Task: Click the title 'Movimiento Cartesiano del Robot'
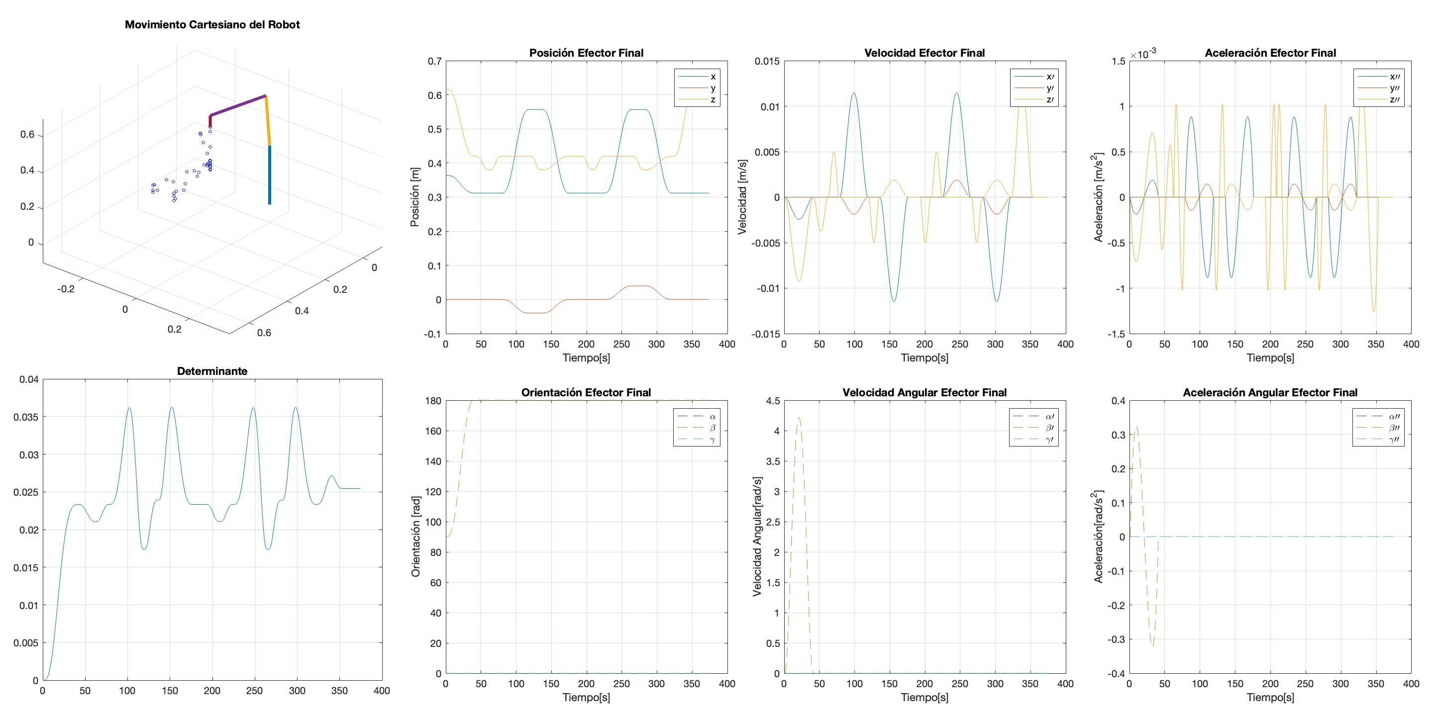pyautogui.click(x=212, y=24)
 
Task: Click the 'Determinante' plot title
pyautogui.click(x=212, y=371)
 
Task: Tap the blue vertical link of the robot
pyautogui.click(x=270, y=175)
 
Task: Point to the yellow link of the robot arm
pyautogui.click(x=268, y=121)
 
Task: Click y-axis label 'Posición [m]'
pyautogui.click(x=414, y=197)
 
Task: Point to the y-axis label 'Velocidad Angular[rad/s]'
pyautogui.click(x=757, y=537)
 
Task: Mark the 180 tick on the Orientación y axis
pyautogui.click(x=433, y=401)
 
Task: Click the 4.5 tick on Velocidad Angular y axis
pyautogui.click(x=773, y=401)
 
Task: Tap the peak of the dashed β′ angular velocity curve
pyautogui.click(x=799, y=418)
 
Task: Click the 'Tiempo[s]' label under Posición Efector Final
pyautogui.click(x=586, y=358)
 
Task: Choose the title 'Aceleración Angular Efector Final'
pyautogui.click(x=1270, y=392)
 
